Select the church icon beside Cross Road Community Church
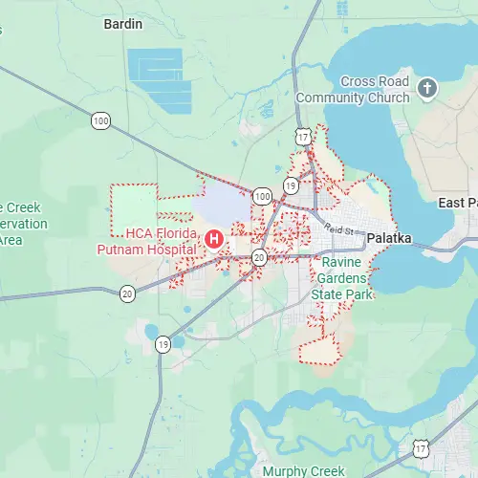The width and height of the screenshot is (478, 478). click(427, 90)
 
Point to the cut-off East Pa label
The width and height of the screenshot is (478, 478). click(458, 203)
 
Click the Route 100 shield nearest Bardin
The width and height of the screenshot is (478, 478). click(100, 120)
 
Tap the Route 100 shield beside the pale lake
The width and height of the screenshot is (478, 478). click(262, 195)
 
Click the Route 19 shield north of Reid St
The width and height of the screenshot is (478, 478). click(291, 185)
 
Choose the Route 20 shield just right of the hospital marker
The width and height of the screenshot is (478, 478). click(259, 257)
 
